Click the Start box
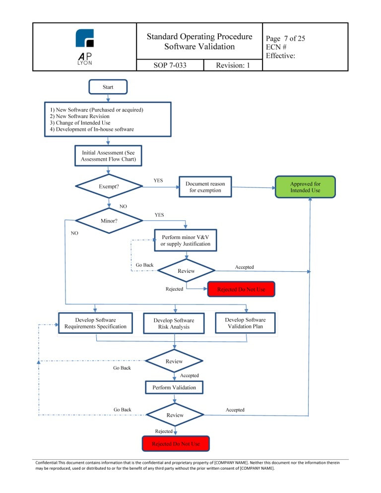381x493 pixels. tap(108, 87)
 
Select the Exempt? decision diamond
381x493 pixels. tap(109, 186)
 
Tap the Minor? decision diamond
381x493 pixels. tap(109, 221)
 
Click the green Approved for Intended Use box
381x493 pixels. tap(305, 187)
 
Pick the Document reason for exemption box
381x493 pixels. tap(205, 187)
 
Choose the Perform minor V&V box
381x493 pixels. tap(186, 240)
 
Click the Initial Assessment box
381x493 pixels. tap(108, 156)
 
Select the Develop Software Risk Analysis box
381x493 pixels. tap(174, 323)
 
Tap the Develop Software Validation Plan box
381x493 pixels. tap(245, 323)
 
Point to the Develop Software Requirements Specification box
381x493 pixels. tap(95, 323)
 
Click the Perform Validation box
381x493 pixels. tap(174, 387)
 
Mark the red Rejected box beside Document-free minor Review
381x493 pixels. tap(241, 289)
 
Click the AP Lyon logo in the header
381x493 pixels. tap(85, 47)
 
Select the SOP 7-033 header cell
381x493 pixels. tap(170, 65)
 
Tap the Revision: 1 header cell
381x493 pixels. tap(233, 65)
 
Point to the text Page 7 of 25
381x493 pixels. tap(285, 38)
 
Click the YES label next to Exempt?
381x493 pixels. tap(158, 181)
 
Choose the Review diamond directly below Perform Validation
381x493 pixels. tap(175, 415)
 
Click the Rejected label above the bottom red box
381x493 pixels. tap(164, 431)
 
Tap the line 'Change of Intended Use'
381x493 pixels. tap(80, 123)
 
